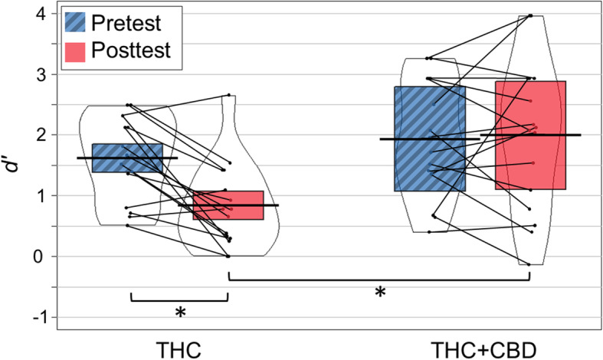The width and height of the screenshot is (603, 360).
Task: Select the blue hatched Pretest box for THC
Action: click(127, 158)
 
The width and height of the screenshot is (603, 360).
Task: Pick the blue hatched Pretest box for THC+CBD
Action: click(430, 139)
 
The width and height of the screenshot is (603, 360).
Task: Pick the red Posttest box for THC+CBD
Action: click(530, 135)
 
